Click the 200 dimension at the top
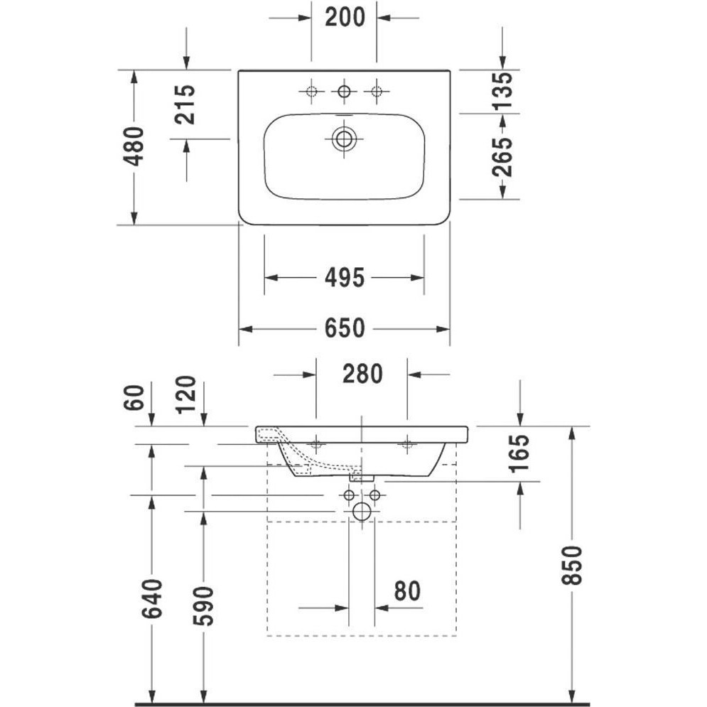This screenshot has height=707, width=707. coord(345,18)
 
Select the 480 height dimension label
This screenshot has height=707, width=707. coord(134,146)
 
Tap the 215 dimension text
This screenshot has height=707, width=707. coord(185,104)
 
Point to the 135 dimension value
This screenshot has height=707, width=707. coord(502,91)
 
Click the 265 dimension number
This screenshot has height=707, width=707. coord(502,157)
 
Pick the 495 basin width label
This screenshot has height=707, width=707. coord(345,278)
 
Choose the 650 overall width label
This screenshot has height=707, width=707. coord(345,328)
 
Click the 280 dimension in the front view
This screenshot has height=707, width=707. coord(362,374)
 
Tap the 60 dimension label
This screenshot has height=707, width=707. coord(134,398)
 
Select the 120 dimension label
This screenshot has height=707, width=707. coord(185,395)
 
